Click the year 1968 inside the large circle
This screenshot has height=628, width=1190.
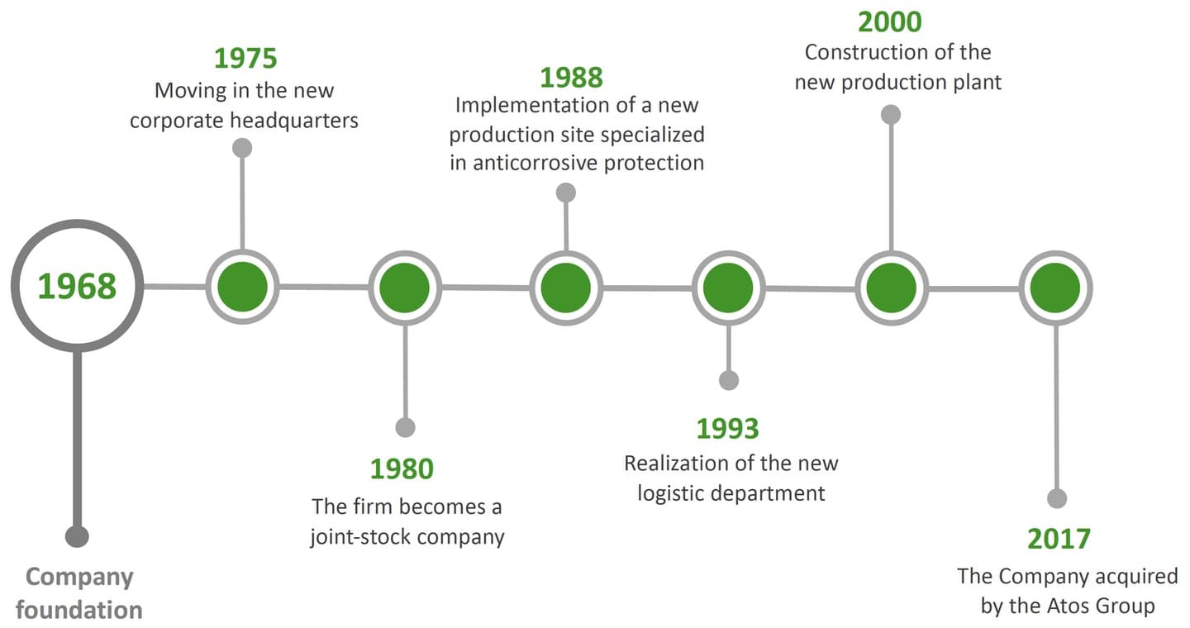click(x=77, y=286)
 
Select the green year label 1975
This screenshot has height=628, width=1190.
click(x=245, y=58)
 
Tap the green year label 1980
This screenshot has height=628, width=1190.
click(x=402, y=469)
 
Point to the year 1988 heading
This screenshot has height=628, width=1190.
click(x=572, y=78)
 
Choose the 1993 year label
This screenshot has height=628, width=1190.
click(x=728, y=428)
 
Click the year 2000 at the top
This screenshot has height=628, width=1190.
click(x=890, y=21)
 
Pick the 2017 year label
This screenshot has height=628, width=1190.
click(x=1059, y=539)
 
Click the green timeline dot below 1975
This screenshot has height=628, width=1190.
click(x=242, y=287)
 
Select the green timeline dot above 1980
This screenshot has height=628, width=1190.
click(x=405, y=288)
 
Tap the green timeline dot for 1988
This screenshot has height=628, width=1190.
click(x=566, y=288)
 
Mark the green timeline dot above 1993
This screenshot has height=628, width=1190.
click(x=728, y=288)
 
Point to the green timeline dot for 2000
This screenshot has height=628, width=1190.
click(x=892, y=288)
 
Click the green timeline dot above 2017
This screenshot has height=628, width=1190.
click(x=1055, y=288)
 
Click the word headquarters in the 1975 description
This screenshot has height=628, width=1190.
click(x=294, y=121)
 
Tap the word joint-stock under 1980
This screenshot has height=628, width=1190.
click(x=360, y=536)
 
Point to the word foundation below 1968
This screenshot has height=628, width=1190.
click(x=79, y=610)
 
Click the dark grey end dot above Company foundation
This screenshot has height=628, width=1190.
click(x=77, y=536)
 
